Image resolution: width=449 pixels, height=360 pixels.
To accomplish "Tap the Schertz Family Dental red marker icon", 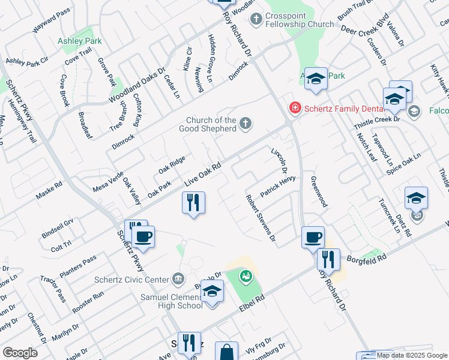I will tap(295, 108).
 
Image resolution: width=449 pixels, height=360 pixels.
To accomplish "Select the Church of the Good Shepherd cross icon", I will tap(245, 124).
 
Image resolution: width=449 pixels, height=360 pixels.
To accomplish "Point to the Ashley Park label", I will tap(79, 41).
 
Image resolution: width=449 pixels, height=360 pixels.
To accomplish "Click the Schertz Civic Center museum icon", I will tap(178, 278).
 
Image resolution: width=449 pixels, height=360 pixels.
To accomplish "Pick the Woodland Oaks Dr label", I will tap(137, 85).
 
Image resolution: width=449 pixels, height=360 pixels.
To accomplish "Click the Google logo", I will tap(20, 353).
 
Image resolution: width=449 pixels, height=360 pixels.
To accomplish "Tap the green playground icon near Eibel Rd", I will tap(245, 277).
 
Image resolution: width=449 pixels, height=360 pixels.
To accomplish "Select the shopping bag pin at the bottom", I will tap(227, 353).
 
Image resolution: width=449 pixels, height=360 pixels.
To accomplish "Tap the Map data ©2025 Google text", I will tap(412, 355).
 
